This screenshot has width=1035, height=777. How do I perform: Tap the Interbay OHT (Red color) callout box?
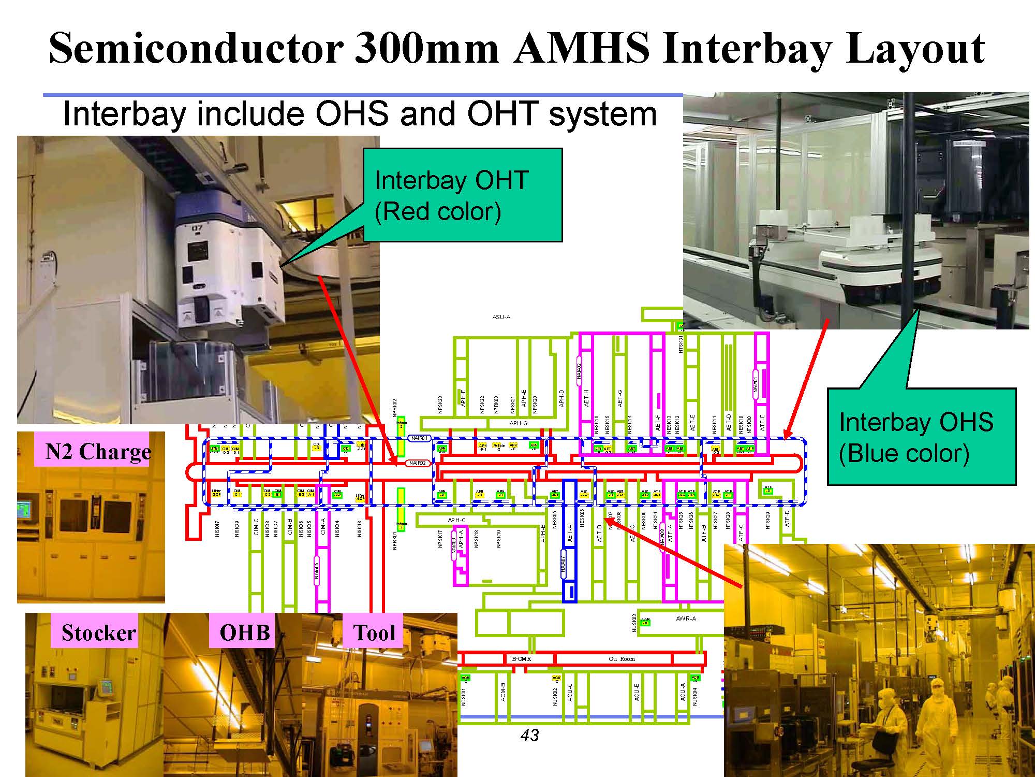click(x=462, y=195)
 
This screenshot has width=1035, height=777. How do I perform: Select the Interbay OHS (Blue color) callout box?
click(x=921, y=437)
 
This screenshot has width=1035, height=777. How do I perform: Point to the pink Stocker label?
click(x=98, y=632)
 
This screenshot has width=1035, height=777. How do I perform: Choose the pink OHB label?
click(x=244, y=632)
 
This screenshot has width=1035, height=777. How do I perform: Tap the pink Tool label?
click(x=374, y=632)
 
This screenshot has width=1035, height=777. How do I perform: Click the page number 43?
click(x=529, y=735)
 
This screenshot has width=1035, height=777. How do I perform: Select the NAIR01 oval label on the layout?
click(x=419, y=438)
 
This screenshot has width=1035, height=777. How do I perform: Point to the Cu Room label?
click(x=622, y=659)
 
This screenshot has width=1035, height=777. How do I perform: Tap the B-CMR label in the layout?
click(x=521, y=659)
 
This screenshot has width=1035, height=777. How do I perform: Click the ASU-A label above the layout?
click(x=501, y=317)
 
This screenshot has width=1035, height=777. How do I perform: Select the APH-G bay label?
click(x=518, y=423)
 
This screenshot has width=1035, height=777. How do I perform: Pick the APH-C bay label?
click(x=456, y=520)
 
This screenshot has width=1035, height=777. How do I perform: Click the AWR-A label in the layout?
click(x=686, y=618)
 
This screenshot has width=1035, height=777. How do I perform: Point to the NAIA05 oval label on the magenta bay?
click(x=317, y=570)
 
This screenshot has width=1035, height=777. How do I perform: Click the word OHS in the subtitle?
click(x=352, y=114)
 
